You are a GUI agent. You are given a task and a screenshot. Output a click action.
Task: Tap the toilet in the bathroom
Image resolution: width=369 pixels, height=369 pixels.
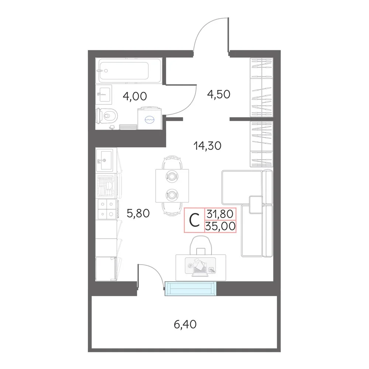pyautogui.click(x=107, y=115)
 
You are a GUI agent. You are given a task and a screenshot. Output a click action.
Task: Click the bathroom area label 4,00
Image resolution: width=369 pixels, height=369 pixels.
pyautogui.click(x=135, y=96)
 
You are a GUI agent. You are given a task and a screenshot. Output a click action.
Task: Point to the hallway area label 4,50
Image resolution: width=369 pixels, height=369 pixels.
pyautogui.click(x=218, y=94)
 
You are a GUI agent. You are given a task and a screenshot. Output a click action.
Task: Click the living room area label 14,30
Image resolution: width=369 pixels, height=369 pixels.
pyautogui.click(x=207, y=146)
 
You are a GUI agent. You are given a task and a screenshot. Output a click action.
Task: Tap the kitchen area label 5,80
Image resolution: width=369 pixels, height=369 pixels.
pyautogui.click(x=138, y=213)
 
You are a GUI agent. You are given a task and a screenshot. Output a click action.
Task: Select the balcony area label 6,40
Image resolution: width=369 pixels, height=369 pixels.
pyautogui.click(x=185, y=324)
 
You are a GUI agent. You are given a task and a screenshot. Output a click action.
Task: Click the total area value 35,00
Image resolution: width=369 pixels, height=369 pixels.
pyautogui.click(x=220, y=226)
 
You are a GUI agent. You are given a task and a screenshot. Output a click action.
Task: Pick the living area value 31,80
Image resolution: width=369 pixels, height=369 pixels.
pyautogui.click(x=220, y=214)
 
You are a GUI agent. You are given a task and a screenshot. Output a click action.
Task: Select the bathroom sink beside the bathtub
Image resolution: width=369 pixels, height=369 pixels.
pyautogui.click(x=104, y=94)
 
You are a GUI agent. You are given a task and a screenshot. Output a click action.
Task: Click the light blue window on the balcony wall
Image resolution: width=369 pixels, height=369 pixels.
pyautogui.click(x=190, y=289)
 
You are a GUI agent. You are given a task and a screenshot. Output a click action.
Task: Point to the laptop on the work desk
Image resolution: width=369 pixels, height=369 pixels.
pyautogui.click(x=200, y=269)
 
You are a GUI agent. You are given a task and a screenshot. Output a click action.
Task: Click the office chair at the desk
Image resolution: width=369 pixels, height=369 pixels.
pyautogui.click(x=201, y=245)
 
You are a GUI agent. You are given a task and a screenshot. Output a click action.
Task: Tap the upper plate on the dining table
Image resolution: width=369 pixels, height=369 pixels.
pyautogui.click(x=172, y=176)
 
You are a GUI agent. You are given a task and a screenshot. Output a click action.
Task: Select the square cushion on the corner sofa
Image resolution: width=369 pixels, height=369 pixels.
pyautogui.click(x=256, y=204)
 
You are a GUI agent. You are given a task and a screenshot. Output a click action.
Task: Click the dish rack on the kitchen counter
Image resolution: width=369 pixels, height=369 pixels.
pyautogui.click(x=106, y=186)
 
